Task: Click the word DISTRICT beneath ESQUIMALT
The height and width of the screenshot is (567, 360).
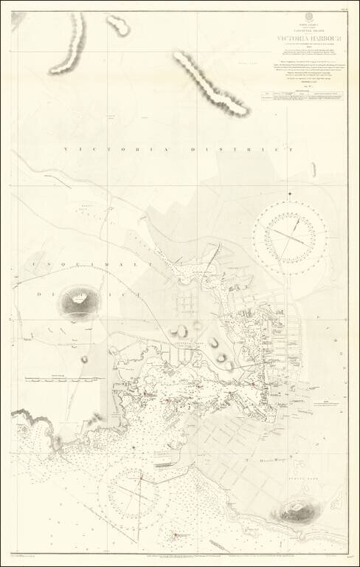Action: tap(89, 294)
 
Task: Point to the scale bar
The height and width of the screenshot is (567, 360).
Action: tap(64, 379)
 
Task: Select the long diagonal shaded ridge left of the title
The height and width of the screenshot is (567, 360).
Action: tap(210, 83)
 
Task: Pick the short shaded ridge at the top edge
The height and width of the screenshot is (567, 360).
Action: tap(118, 25)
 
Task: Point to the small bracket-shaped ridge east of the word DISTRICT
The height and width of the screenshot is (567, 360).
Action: tap(313, 170)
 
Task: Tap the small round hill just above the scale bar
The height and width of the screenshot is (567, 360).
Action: tap(84, 360)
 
